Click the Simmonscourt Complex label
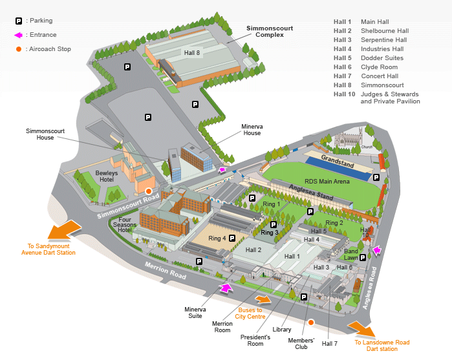tap(265, 32)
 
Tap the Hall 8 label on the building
tap(192, 53)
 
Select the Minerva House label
tap(252, 129)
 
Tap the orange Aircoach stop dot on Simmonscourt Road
tap(149, 191)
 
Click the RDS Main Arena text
tap(327, 182)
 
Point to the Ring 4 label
tap(217, 238)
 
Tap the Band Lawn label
tap(351, 255)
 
